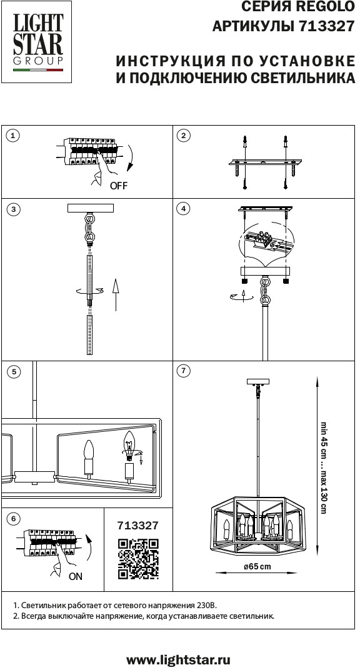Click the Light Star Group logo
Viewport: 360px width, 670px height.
pos(37,42)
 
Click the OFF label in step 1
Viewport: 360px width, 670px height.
pos(119,186)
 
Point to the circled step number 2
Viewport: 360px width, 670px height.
pos(184,136)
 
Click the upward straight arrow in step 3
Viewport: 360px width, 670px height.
pos(115,295)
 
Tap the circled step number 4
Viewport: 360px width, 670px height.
pos(184,209)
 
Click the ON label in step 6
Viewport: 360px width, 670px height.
pos(76,576)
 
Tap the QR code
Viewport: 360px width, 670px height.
pos(138,559)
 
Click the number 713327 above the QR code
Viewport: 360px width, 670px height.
pos(137,525)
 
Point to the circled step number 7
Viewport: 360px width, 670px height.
pos(184,371)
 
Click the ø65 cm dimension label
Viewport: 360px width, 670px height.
pos(257,567)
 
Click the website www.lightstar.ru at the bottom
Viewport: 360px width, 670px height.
pos(179,660)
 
